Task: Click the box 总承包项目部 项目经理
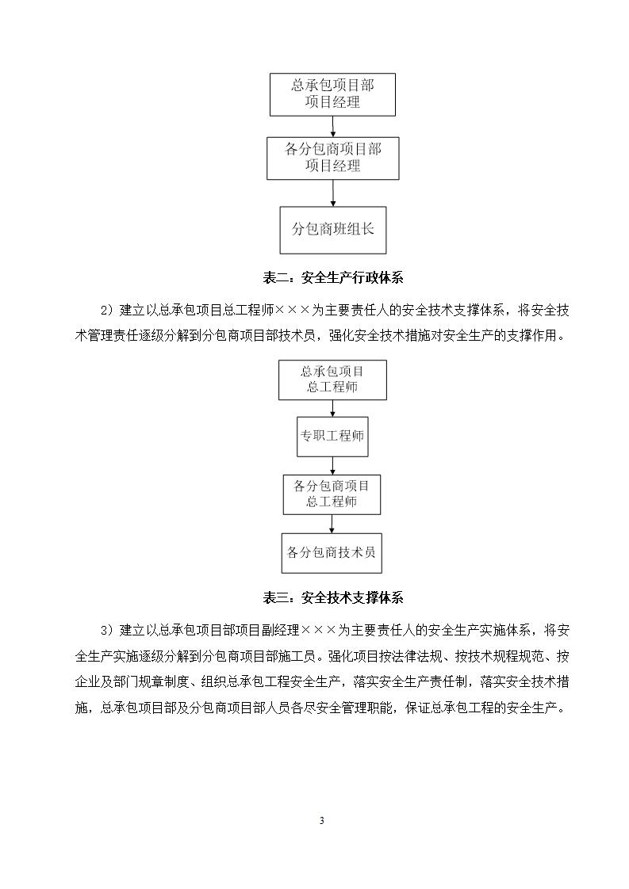[332, 93]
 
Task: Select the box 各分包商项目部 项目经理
[332, 158]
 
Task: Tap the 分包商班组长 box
[332, 229]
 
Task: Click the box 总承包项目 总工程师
[332, 380]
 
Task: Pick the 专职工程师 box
[332, 436]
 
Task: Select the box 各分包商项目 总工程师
[332, 494]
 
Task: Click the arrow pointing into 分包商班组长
[333, 193]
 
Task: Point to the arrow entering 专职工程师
[333, 408]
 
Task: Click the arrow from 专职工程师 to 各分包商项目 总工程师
[333, 465]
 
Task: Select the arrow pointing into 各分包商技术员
[333, 524]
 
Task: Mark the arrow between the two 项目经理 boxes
[333, 125]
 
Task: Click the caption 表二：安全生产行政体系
[333, 277]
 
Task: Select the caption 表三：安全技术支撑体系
[333, 597]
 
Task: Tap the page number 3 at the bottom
[321, 820]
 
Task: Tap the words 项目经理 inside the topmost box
[332, 102]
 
